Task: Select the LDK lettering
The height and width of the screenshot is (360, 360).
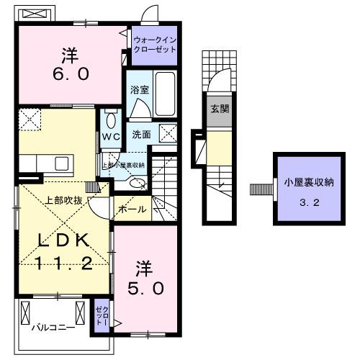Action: (65, 240)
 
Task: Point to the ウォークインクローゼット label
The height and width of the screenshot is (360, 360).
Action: (154, 45)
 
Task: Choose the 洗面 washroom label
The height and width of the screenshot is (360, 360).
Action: (140, 134)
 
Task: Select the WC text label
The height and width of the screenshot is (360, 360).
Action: (110, 136)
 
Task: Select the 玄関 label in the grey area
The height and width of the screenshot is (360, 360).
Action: (220, 109)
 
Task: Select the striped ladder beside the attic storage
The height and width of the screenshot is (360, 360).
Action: (258, 190)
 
